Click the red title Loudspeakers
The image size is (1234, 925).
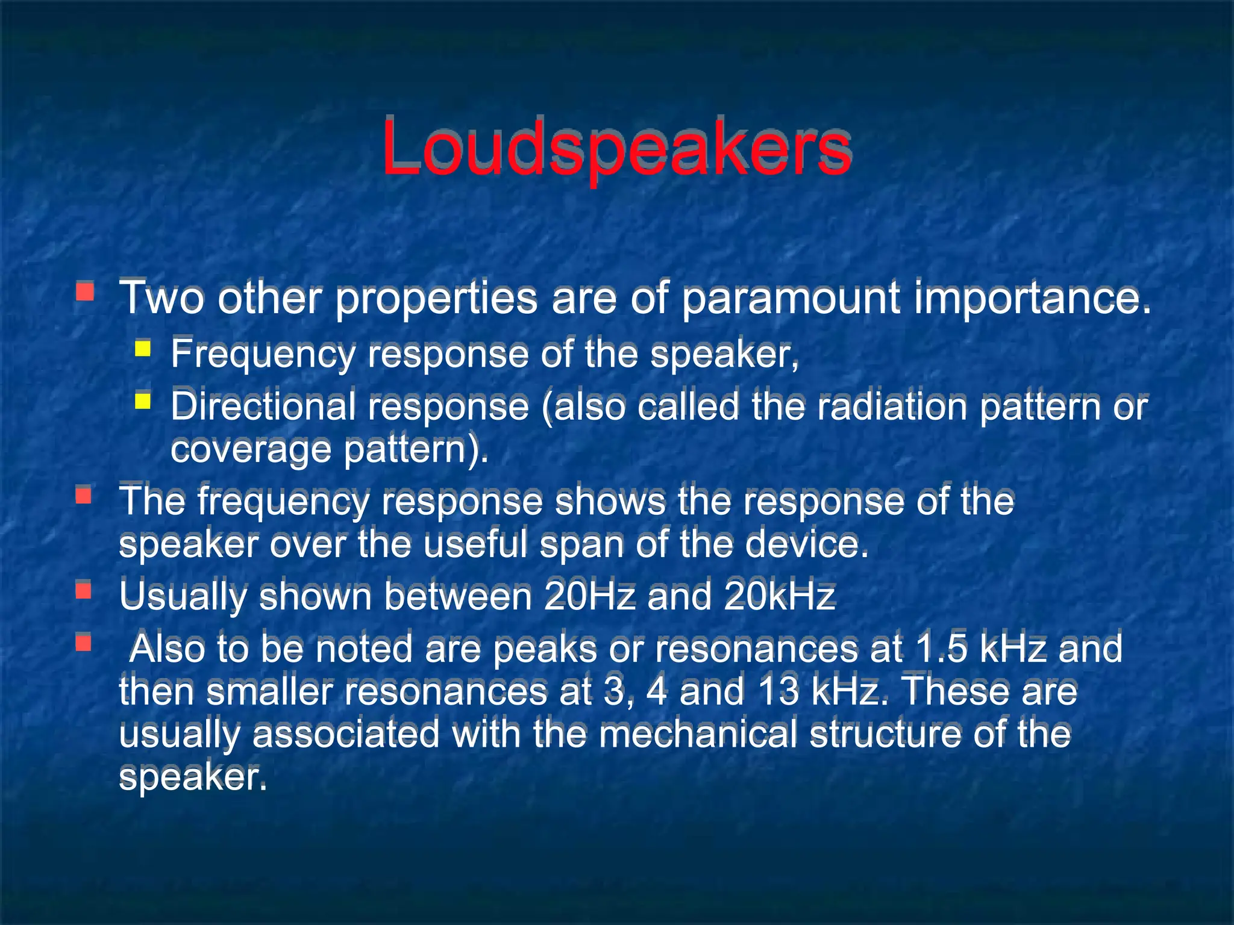tap(616, 148)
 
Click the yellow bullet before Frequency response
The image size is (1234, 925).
tap(143, 349)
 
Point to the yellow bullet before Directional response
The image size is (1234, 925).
tap(143, 400)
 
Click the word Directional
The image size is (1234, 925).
tap(263, 406)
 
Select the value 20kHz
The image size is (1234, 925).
tap(780, 596)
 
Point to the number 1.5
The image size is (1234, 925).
tap(940, 648)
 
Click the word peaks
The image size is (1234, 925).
tap(545, 649)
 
